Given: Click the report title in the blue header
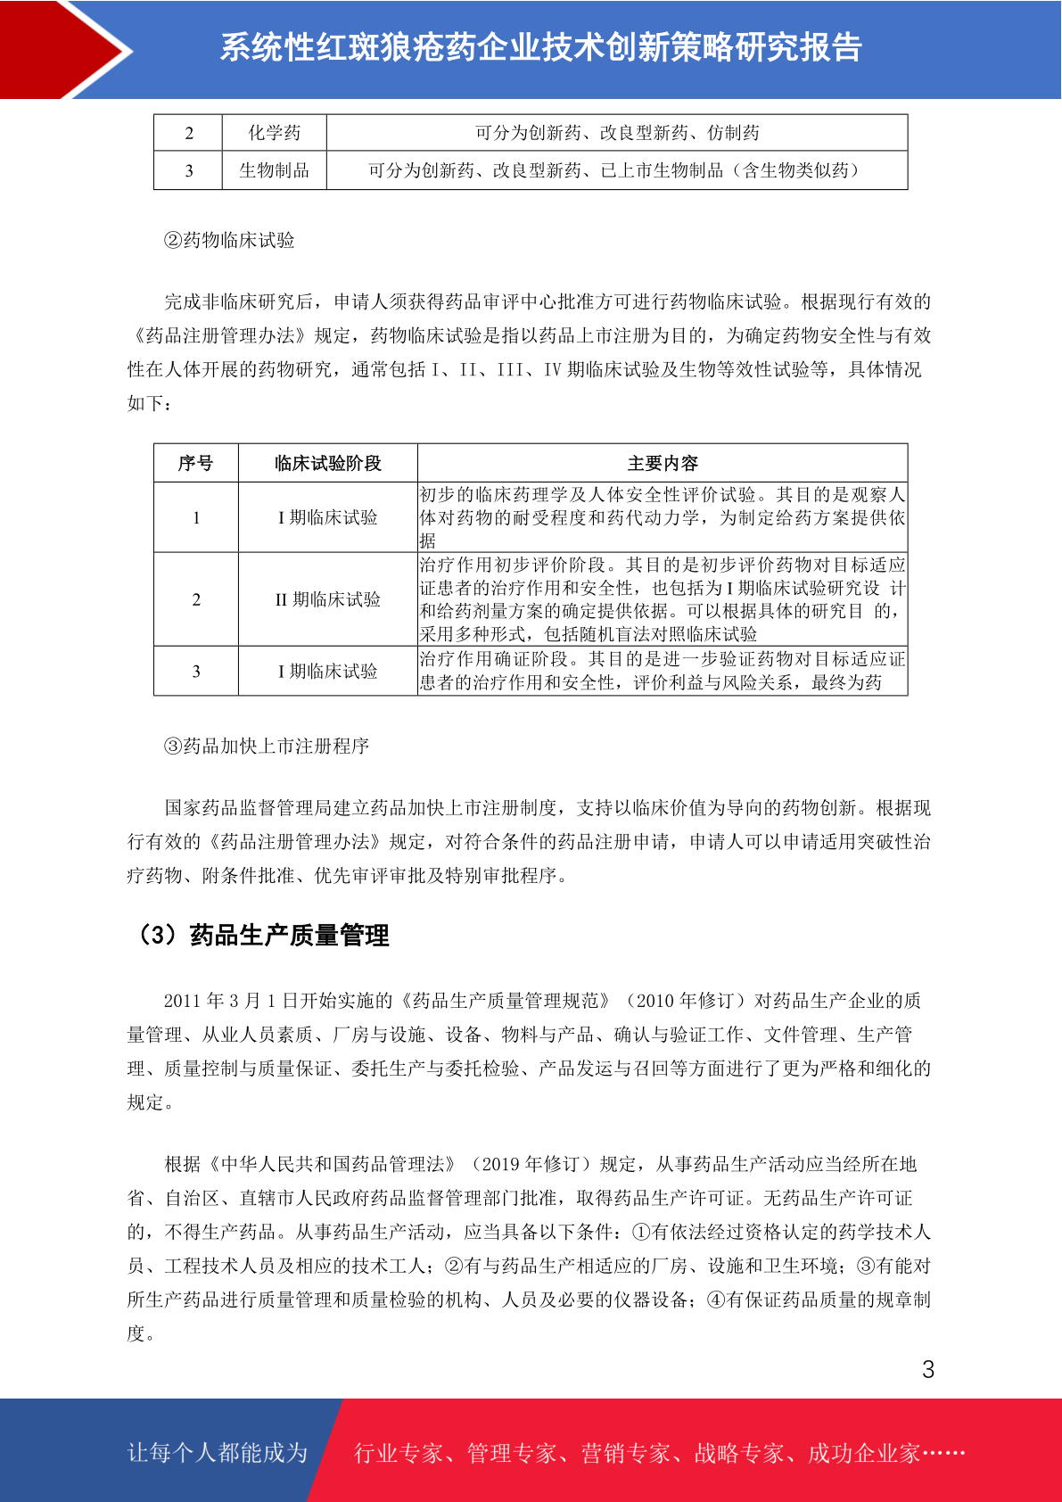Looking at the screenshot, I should [x=540, y=48].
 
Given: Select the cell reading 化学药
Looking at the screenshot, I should [x=274, y=133].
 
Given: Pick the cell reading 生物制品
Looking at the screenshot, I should [x=274, y=170].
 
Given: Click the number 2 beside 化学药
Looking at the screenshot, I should [x=188, y=133].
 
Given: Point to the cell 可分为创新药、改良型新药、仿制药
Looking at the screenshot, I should [x=617, y=133].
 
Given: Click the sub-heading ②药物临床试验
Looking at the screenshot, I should [x=229, y=240].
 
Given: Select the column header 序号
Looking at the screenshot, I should [x=195, y=463].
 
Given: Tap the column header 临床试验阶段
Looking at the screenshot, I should [x=327, y=463].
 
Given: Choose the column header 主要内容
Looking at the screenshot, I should [x=663, y=463].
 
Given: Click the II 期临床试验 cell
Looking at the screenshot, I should [x=327, y=599].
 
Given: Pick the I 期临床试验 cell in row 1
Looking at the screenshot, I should [x=327, y=517].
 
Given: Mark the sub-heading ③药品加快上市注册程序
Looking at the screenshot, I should [x=267, y=746].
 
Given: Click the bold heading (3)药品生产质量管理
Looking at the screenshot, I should [x=262, y=935].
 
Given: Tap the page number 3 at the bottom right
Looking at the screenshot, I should [x=928, y=1370].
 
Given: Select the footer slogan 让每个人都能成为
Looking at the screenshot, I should [x=218, y=1453].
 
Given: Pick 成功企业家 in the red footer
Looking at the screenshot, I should [x=863, y=1453].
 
